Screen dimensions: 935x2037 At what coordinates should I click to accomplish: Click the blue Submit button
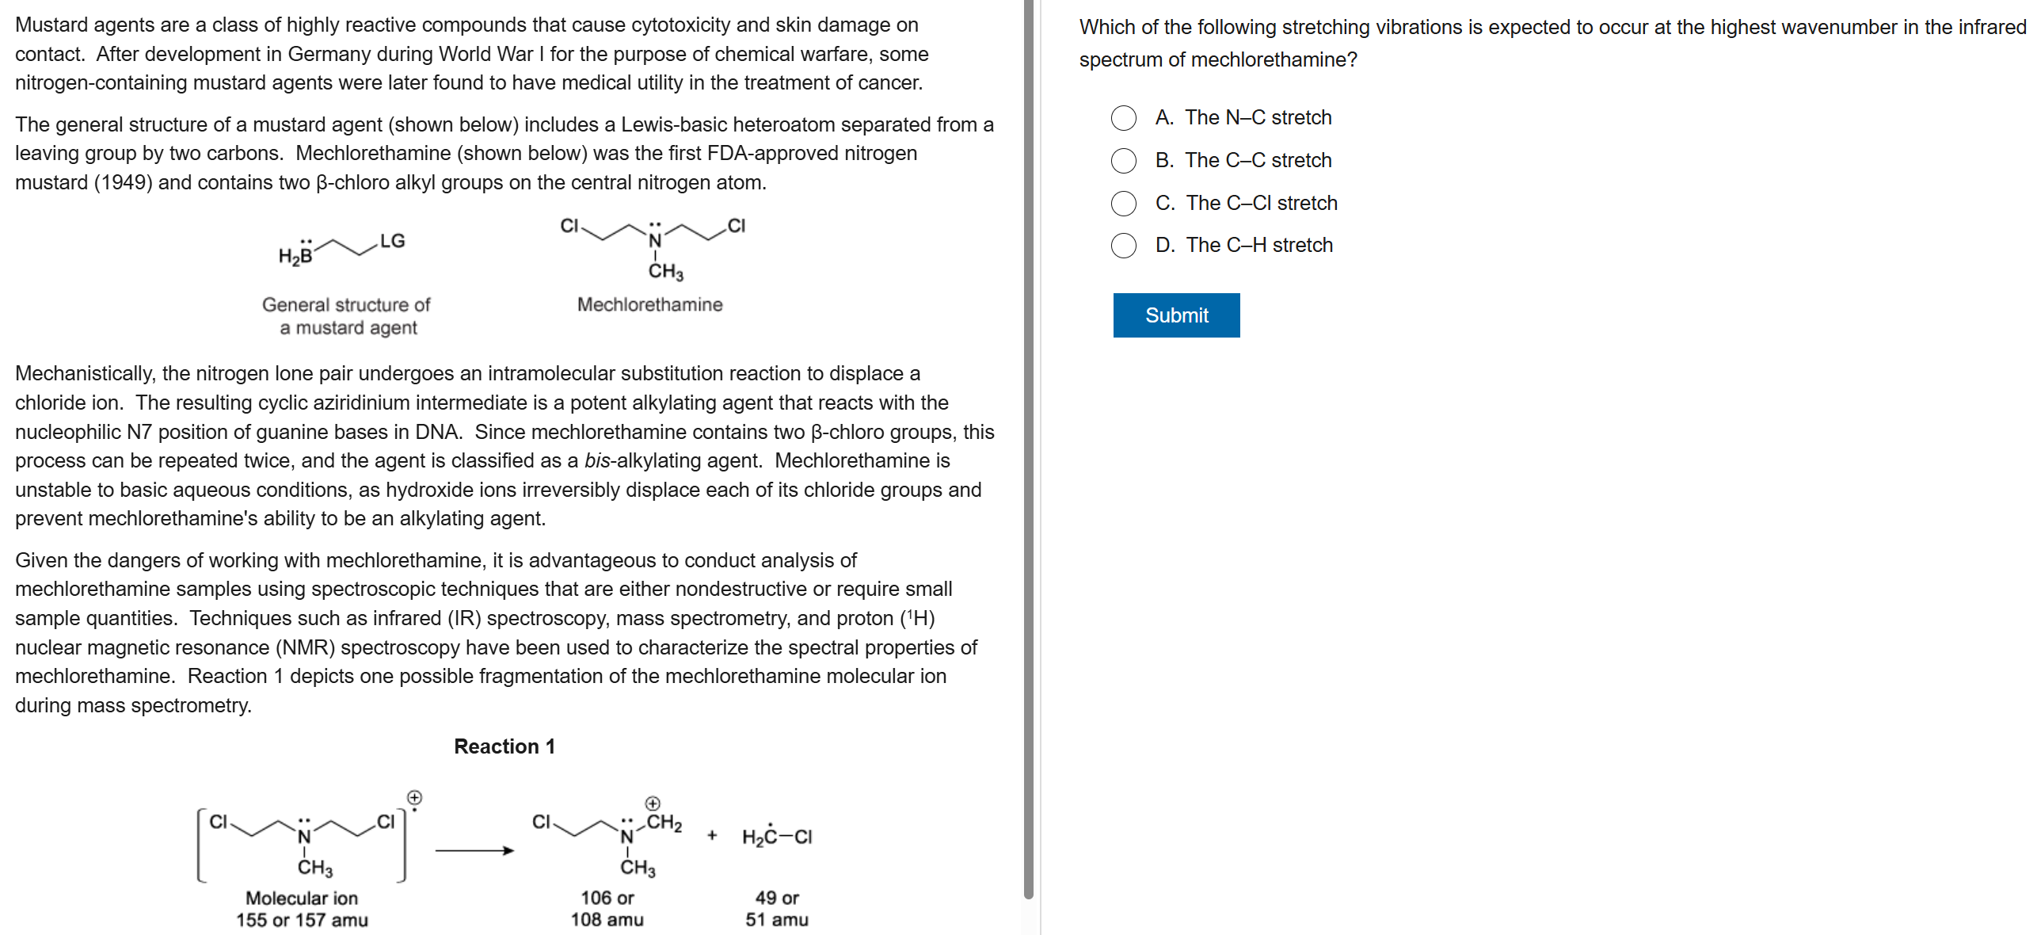1176,315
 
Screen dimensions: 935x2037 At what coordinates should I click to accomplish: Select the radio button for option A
1123,118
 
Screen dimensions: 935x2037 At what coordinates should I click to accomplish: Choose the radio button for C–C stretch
1123,161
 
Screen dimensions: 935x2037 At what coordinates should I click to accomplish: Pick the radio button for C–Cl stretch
1123,204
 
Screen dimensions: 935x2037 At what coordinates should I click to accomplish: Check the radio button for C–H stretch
1123,246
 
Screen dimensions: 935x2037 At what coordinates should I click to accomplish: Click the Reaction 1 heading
504,746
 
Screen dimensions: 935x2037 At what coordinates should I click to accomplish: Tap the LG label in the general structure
392,241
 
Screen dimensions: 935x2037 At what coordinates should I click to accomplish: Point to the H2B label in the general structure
295,255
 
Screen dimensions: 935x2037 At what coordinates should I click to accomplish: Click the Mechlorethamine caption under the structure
649,304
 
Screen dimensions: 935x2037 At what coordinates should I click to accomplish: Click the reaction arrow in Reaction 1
474,851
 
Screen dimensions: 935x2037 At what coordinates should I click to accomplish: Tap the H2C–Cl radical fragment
776,837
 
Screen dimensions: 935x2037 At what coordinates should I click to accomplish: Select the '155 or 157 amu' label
302,920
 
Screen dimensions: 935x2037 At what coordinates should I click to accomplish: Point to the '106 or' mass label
607,898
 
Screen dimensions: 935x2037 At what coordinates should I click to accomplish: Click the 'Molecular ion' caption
302,898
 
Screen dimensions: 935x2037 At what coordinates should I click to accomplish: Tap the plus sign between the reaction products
712,835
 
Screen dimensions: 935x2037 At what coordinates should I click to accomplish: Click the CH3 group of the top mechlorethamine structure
665,272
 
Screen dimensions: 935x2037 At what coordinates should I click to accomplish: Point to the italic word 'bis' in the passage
597,461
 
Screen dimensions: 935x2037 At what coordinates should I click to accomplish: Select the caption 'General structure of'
346,305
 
